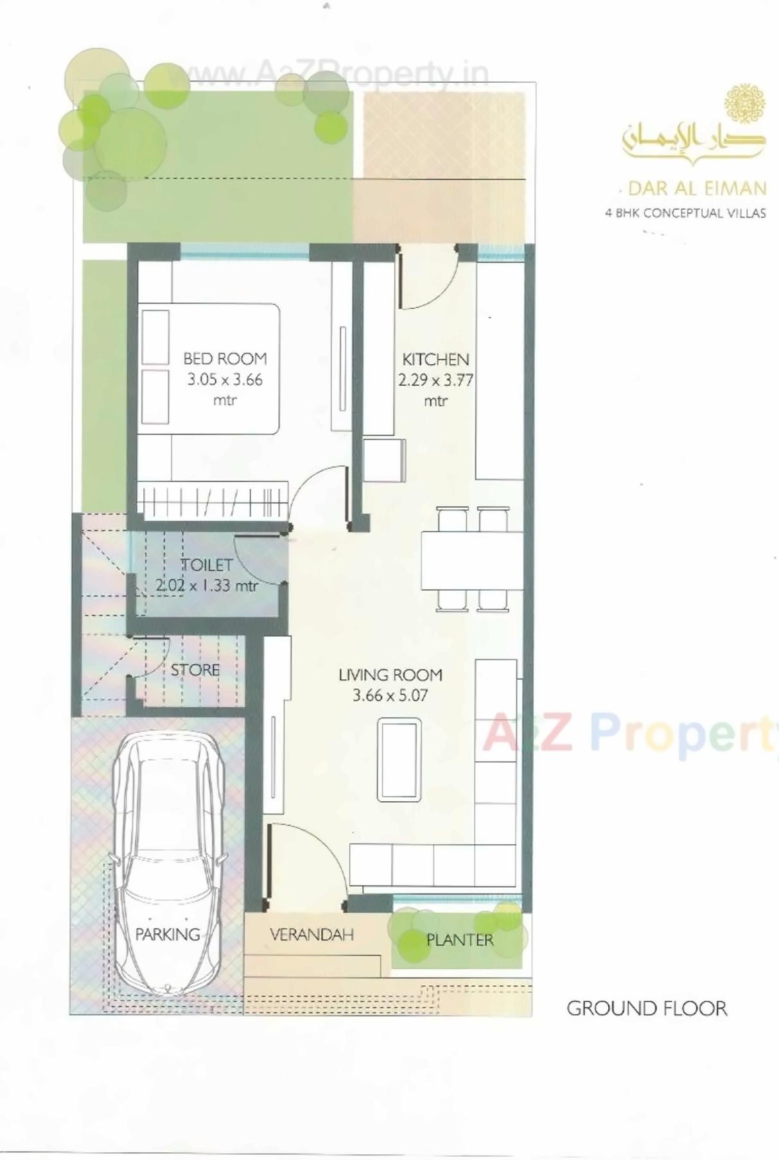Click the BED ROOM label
(225, 358)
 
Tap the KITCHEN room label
(435, 359)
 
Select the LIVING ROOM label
(390, 675)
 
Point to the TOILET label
(207, 565)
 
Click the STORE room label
(195, 670)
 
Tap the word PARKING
(168, 934)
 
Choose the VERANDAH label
(311, 934)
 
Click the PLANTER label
(460, 940)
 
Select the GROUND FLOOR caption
(647, 1008)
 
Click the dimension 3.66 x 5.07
(390, 695)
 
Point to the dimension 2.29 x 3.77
(435, 380)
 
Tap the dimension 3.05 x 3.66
(225, 379)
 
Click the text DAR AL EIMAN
(697, 188)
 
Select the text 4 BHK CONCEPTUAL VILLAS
(685, 213)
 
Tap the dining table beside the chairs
(472, 560)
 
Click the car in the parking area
(168, 860)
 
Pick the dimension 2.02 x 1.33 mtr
(207, 585)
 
